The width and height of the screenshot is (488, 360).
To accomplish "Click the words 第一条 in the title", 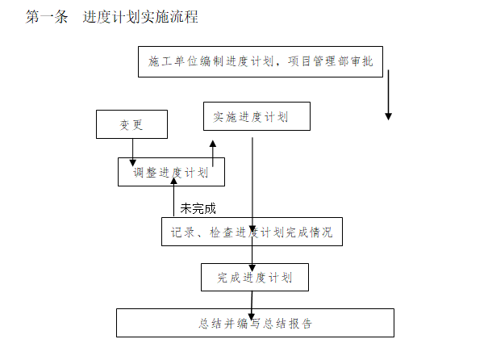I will click(x=47, y=17).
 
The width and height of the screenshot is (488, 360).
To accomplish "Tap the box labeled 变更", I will click(x=131, y=125).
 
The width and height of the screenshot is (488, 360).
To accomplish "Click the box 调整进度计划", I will click(x=171, y=172).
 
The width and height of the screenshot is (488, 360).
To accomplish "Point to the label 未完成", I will click(x=198, y=209).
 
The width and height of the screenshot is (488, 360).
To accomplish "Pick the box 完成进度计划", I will click(x=254, y=278).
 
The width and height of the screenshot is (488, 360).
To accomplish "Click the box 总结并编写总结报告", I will click(x=255, y=324).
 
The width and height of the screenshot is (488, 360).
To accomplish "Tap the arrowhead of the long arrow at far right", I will click(x=388, y=116).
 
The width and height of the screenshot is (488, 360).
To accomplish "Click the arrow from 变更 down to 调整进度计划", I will click(x=132, y=149).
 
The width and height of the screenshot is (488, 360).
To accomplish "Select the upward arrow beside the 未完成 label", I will click(x=173, y=198).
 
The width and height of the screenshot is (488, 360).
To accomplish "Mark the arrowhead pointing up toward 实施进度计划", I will click(x=213, y=143).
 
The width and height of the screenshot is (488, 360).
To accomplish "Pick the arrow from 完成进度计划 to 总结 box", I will click(x=252, y=300).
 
